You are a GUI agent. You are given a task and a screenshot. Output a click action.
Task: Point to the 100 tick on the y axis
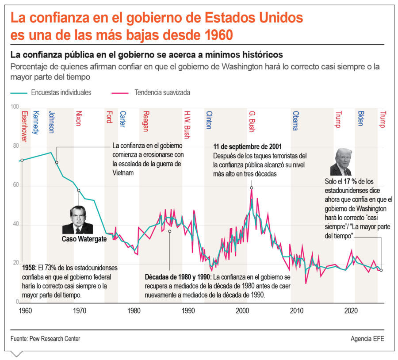[x=15, y=107]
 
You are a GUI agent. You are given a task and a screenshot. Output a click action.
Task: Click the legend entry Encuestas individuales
[x=61, y=93]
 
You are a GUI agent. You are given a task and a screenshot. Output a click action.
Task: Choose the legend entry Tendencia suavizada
[x=162, y=93]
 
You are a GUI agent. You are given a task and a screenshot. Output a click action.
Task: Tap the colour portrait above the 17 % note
[x=341, y=162]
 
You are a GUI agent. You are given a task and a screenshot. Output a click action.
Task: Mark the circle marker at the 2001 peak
[x=252, y=188]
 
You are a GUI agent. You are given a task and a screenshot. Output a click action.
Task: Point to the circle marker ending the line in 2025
[x=381, y=270]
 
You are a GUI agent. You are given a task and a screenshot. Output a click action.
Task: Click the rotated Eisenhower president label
[x=24, y=126]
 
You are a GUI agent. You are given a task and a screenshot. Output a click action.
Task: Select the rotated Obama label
[x=295, y=121]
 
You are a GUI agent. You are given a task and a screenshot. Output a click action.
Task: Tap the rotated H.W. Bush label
[x=187, y=125]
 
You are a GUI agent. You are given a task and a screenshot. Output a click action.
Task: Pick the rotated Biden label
[x=360, y=119]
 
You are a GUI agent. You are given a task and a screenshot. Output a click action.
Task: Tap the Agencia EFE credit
[x=367, y=338]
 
